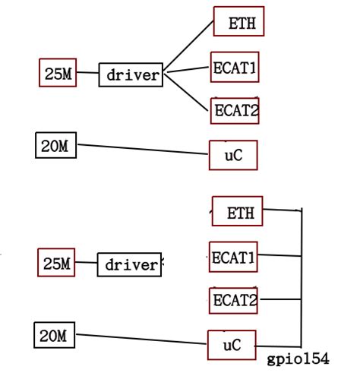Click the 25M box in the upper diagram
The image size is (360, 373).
pyautogui.click(x=58, y=74)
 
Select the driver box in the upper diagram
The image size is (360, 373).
pyautogui.click(x=131, y=74)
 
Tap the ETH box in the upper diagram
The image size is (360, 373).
pyautogui.click(x=238, y=22)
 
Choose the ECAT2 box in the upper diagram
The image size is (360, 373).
pyautogui.click(x=235, y=110)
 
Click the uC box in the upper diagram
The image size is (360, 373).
pyautogui.click(x=233, y=155)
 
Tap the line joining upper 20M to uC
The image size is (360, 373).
pyautogui.click(x=144, y=150)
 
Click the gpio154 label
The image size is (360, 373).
pyautogui.click(x=298, y=357)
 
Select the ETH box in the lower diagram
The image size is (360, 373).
pyautogui.click(x=237, y=212)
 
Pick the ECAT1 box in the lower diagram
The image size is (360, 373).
pyautogui.click(x=233, y=257)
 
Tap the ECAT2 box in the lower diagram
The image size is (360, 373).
pyautogui.click(x=233, y=300)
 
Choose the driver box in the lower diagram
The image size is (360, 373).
pyautogui.click(x=130, y=265)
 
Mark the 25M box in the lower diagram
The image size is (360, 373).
pyautogui.click(x=56, y=264)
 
